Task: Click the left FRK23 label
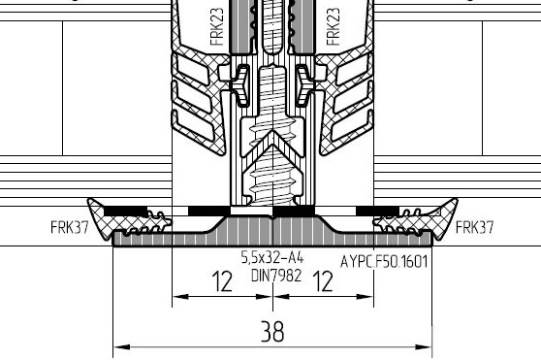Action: click(x=216, y=27)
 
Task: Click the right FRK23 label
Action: click(x=333, y=27)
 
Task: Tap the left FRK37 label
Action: click(x=70, y=227)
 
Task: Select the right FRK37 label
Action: click(x=474, y=227)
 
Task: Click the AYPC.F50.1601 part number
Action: click(x=384, y=261)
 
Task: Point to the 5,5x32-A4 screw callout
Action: click(x=272, y=257)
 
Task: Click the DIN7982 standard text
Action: click(x=276, y=276)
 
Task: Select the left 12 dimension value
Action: click(x=222, y=281)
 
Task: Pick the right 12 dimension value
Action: click(x=323, y=281)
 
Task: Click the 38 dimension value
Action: click(x=272, y=331)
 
